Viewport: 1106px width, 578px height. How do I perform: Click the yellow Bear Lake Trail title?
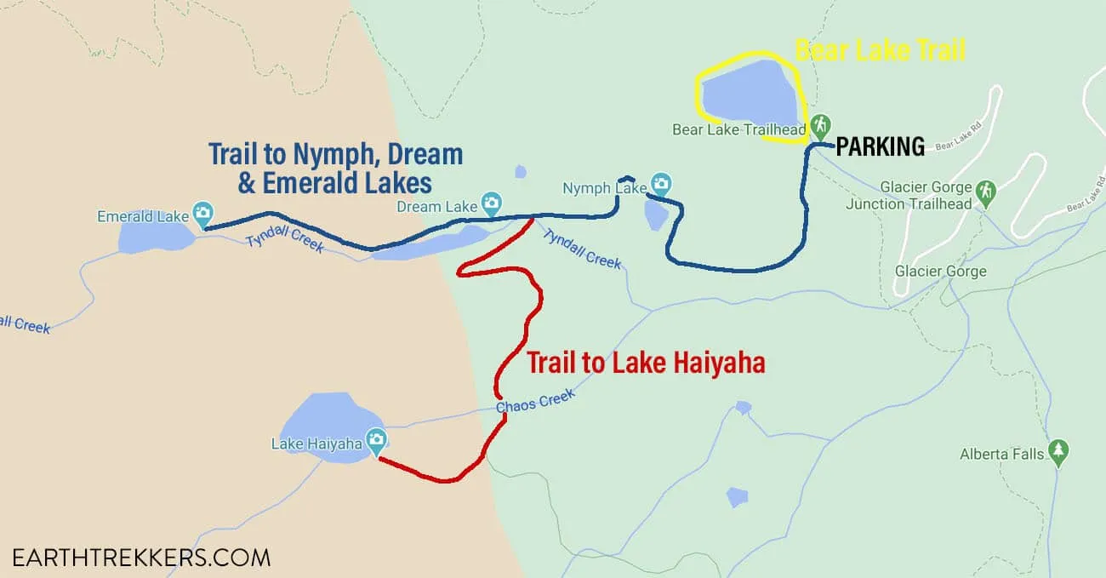(x=880, y=50)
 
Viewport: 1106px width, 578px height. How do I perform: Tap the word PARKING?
(x=880, y=147)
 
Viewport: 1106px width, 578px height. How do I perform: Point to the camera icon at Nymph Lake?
(x=661, y=183)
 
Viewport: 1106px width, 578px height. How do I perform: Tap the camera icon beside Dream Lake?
(x=491, y=203)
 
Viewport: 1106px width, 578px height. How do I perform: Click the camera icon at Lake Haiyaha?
(x=376, y=440)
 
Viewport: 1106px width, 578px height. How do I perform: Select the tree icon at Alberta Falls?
(x=1058, y=451)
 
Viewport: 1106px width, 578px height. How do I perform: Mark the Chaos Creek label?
(x=536, y=401)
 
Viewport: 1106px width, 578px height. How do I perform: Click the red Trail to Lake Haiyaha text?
(x=646, y=363)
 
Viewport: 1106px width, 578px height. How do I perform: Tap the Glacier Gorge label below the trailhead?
(x=940, y=272)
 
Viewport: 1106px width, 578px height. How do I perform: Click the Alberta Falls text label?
(x=1001, y=454)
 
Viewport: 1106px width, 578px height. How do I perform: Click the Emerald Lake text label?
(x=143, y=216)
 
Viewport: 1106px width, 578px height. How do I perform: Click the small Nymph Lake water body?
(x=655, y=215)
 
